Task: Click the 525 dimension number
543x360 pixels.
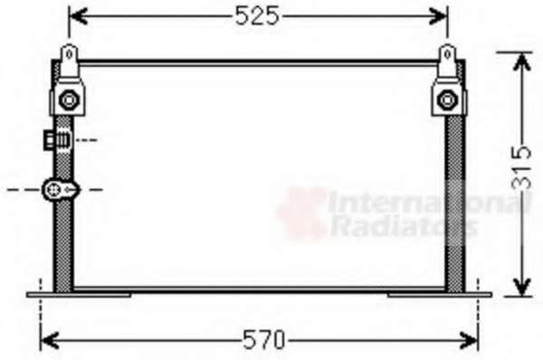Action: [x=257, y=16]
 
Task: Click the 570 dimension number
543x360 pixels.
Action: [x=264, y=339]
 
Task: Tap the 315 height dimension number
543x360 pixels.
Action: [x=521, y=167]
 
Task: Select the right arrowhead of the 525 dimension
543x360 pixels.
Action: [x=438, y=16]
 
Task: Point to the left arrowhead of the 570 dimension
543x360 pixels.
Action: [x=50, y=339]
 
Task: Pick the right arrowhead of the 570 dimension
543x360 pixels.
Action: [x=469, y=339]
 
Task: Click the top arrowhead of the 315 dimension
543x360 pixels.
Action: [x=521, y=62]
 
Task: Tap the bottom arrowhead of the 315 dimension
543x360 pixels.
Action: [x=521, y=287]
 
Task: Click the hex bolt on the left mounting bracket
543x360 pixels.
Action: [x=69, y=99]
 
